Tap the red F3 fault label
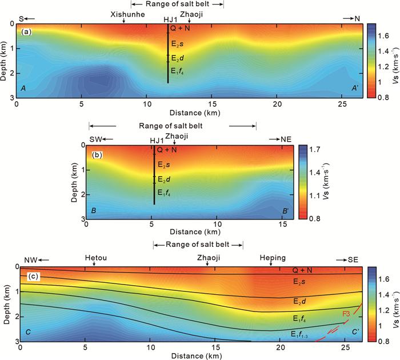point(347,314)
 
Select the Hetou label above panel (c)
point(95,258)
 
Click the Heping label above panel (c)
point(270,258)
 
